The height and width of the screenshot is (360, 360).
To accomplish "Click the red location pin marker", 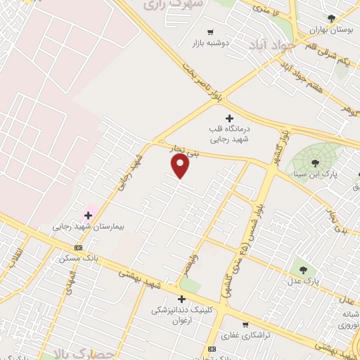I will (181, 165).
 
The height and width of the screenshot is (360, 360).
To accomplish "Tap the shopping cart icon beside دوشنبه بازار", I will (210, 32).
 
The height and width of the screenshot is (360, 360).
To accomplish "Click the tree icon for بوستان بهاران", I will (331, 18).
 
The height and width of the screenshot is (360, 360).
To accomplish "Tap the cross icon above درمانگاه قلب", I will (229, 117).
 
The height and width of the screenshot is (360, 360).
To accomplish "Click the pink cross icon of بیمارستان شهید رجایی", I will (89, 215).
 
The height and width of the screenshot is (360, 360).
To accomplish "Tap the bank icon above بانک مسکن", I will (78, 247).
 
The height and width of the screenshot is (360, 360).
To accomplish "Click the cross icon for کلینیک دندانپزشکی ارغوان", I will (181, 299).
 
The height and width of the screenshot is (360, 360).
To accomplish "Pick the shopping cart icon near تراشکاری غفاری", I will (245, 325).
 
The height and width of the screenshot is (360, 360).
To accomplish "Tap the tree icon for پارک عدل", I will (303, 268).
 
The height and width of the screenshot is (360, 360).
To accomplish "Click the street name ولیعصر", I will (186, 266).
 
